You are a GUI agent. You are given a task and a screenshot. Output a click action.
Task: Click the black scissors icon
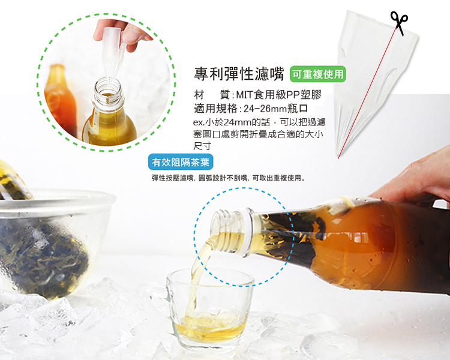pos(399,23)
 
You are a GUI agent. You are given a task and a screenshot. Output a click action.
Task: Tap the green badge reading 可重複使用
pos(317,74)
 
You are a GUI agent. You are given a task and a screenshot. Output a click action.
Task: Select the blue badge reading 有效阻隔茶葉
pos(181,162)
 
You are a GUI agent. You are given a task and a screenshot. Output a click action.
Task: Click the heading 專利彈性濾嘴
pos(239,74)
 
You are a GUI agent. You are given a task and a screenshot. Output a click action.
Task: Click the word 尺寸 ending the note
pos(202,146)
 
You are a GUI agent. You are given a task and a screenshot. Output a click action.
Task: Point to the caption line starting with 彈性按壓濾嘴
pos(229,178)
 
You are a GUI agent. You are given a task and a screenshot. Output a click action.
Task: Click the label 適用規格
pos(215,109)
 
